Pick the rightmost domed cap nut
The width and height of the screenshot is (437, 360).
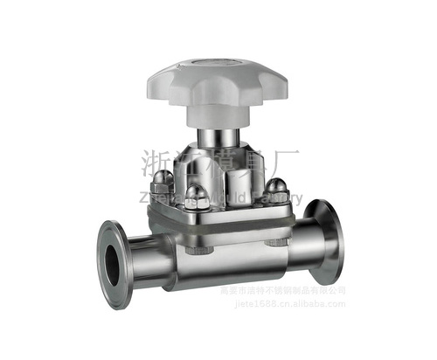pyautogui.click(x=277, y=187)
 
